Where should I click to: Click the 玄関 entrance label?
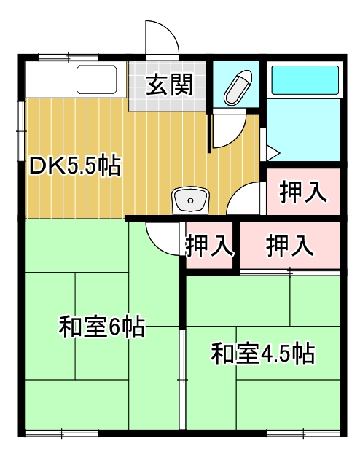click(170, 86)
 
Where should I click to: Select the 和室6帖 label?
click(101, 327)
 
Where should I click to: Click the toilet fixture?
click(238, 88)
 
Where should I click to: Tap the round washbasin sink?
click(191, 199)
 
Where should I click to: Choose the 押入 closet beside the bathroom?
click(302, 192)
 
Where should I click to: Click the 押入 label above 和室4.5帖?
click(289, 246)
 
